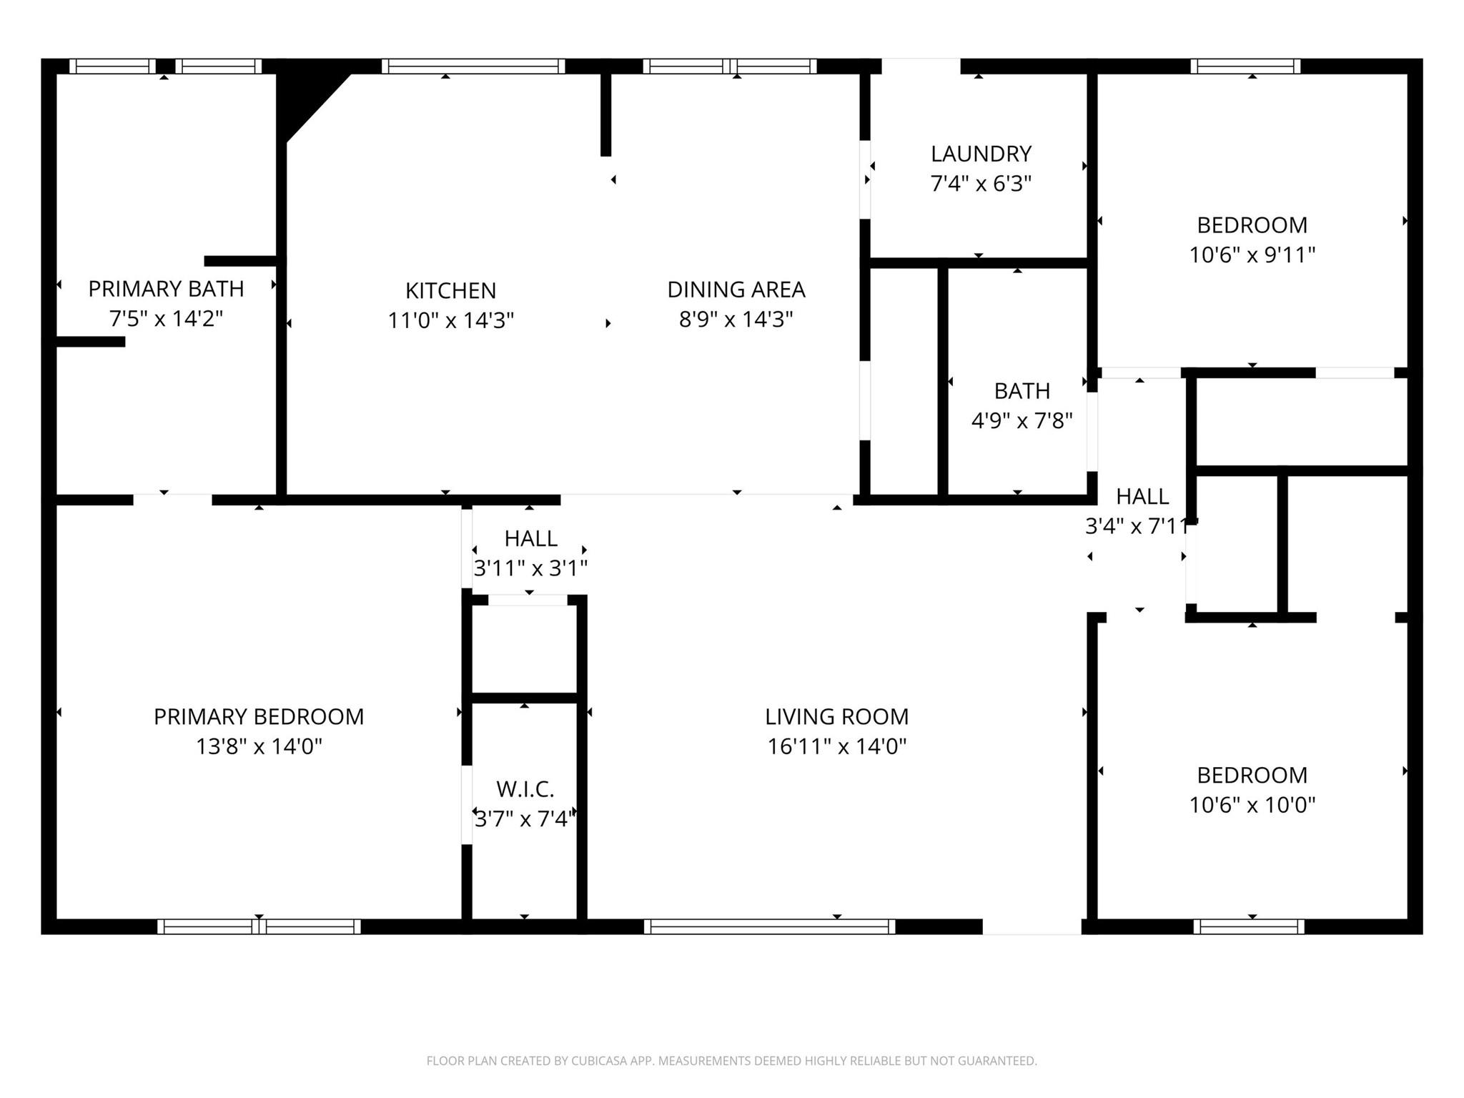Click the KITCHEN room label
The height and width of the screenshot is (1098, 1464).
(x=450, y=290)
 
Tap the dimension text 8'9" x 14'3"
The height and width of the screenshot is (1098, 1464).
(x=736, y=319)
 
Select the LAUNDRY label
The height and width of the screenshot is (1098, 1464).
(x=981, y=154)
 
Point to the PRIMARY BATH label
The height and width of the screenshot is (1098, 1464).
(x=166, y=289)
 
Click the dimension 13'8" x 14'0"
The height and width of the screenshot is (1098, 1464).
(x=259, y=746)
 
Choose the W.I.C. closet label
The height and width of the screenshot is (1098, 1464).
(x=525, y=789)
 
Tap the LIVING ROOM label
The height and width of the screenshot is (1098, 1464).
(x=836, y=716)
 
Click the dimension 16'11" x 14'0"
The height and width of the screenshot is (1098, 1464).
(x=836, y=746)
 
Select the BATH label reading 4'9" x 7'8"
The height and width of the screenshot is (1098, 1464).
(x=1022, y=391)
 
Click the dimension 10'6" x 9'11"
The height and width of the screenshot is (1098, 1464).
(x=1252, y=254)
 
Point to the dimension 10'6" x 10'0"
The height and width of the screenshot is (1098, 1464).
(x=1252, y=805)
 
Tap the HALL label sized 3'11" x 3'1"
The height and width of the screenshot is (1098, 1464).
(x=530, y=538)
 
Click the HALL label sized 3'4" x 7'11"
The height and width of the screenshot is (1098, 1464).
(x=1142, y=496)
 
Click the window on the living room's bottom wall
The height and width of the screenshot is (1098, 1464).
(x=769, y=926)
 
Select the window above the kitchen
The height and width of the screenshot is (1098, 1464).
(x=473, y=66)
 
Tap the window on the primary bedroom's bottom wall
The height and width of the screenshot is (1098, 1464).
(x=259, y=926)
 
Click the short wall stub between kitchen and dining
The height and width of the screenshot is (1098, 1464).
(x=605, y=114)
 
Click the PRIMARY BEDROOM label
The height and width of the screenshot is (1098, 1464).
(x=259, y=716)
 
